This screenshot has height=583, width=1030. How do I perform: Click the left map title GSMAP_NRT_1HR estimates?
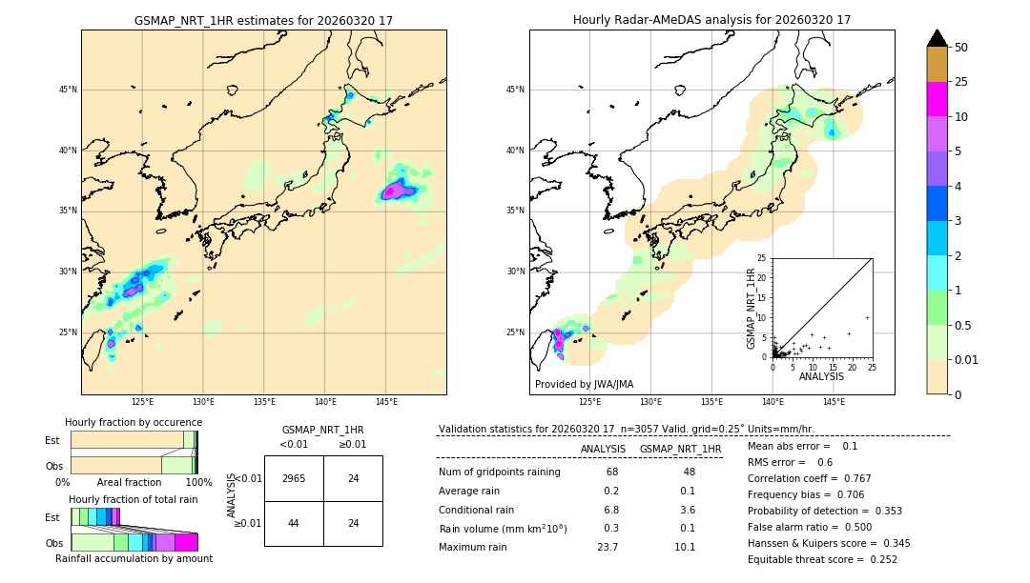(263, 20)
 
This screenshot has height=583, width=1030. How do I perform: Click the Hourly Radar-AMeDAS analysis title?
(711, 20)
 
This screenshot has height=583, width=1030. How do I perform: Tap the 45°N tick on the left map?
(68, 90)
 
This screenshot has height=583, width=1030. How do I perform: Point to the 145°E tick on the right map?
(834, 402)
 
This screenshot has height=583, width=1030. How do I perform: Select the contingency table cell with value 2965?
(294, 478)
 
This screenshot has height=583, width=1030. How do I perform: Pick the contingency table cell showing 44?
(294, 523)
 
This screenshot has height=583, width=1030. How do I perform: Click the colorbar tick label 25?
(961, 82)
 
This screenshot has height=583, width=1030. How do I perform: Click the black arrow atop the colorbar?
(937, 38)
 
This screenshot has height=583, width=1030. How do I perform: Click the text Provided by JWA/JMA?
(584, 385)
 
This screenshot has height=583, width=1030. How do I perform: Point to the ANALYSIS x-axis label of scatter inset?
(821, 376)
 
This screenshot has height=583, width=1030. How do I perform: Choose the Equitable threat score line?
(822, 559)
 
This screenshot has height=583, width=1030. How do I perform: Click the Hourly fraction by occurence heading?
(134, 422)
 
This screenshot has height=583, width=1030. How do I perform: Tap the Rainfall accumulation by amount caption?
(134, 558)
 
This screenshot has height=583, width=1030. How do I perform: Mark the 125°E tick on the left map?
(143, 402)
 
